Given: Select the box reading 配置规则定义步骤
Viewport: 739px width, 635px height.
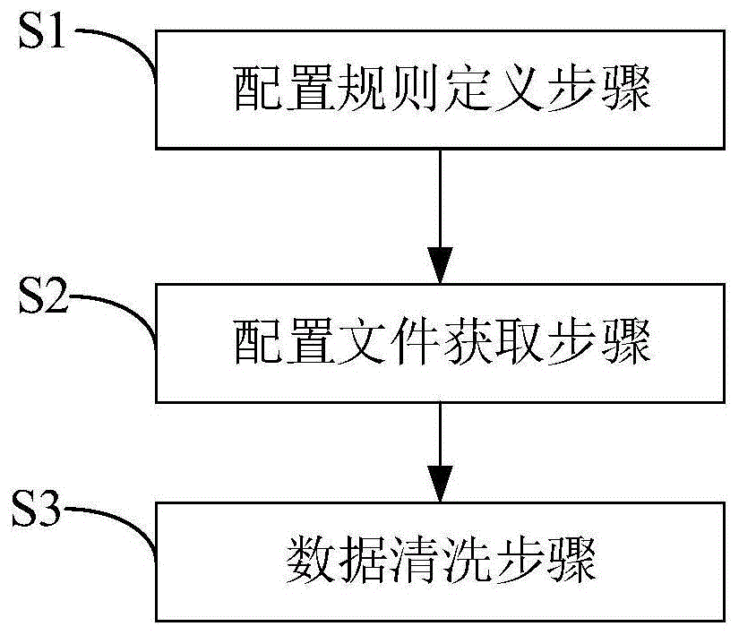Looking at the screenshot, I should point(442,90).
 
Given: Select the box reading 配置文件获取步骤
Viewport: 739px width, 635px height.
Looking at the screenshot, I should point(442,343).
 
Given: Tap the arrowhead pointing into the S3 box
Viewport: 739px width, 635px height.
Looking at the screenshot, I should point(441,485).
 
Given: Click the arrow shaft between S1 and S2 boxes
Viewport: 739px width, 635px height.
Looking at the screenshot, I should point(441,197).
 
